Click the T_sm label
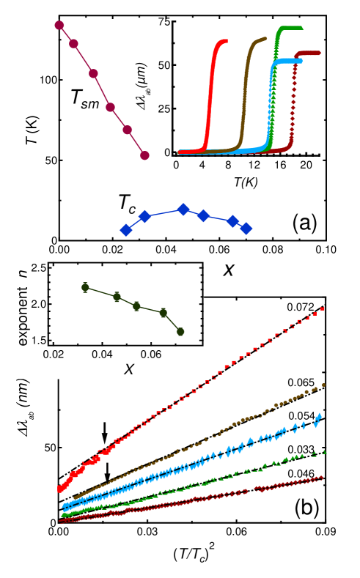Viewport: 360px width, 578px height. click(x=84, y=97)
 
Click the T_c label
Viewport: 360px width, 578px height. click(x=126, y=204)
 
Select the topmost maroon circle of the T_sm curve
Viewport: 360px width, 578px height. click(x=59, y=25)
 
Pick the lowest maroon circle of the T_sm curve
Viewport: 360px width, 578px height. click(x=144, y=155)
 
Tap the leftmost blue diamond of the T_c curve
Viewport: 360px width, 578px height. click(x=126, y=230)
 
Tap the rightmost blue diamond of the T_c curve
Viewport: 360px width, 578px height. click(x=246, y=229)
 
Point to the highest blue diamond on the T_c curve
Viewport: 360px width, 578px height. click(x=183, y=210)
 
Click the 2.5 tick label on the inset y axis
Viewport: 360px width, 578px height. click(x=39, y=269)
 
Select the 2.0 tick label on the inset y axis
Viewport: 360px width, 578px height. click(x=39, y=304)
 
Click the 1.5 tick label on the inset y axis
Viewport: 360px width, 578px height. click(x=39, y=340)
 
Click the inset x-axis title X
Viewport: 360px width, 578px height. click(x=129, y=369)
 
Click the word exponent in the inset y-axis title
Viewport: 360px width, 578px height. click(x=22, y=315)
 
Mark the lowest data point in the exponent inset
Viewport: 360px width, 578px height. click(x=180, y=332)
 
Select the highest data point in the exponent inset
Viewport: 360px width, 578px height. click(x=85, y=287)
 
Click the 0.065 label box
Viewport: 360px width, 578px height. click(x=301, y=382)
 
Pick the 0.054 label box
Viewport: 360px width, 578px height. click(x=301, y=415)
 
